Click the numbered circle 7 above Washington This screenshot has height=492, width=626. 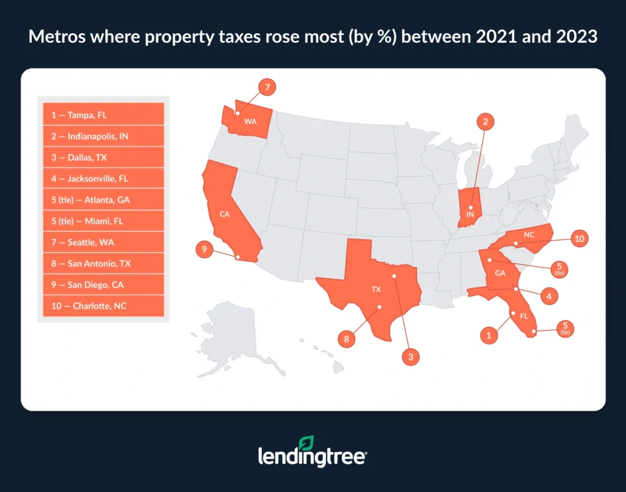(x=267, y=88)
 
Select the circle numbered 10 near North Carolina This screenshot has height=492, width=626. (x=580, y=239)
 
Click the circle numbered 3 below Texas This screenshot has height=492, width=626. (x=411, y=355)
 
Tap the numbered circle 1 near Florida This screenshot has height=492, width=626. (x=488, y=335)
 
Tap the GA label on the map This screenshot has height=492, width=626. (x=500, y=273)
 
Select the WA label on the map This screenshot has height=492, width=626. (x=250, y=121)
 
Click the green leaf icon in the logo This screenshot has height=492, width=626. (x=307, y=444)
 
